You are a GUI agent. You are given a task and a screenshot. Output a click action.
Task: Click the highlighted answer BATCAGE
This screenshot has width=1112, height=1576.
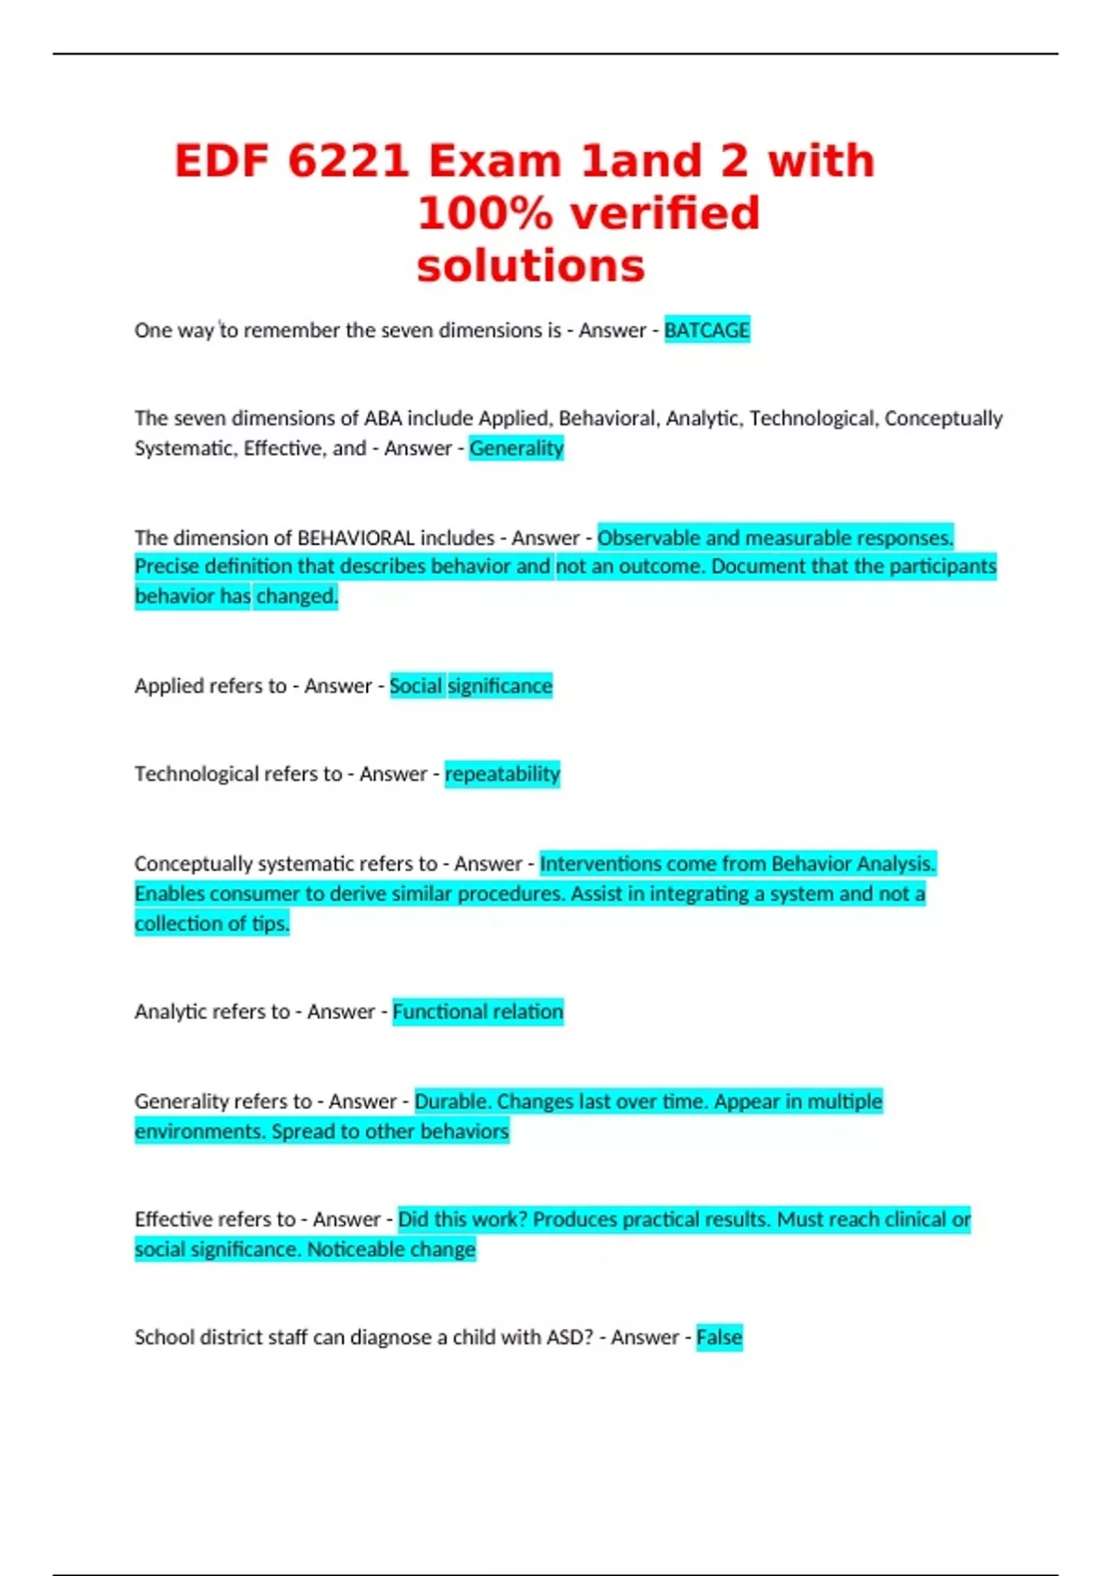tap(707, 330)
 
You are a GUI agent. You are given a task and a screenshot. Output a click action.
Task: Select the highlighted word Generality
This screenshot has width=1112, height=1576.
tap(516, 449)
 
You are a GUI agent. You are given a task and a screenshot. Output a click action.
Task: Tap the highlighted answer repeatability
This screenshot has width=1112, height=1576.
tap(502, 774)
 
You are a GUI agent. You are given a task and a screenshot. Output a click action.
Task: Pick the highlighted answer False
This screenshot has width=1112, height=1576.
tap(719, 1337)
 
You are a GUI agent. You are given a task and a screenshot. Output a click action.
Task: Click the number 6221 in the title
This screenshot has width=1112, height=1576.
tap(348, 161)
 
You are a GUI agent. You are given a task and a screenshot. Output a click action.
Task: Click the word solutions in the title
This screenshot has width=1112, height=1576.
tap(530, 266)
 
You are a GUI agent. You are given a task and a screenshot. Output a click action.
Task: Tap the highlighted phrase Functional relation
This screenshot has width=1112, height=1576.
tap(477, 1011)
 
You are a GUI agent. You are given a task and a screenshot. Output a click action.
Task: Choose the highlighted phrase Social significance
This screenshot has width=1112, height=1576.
tap(471, 686)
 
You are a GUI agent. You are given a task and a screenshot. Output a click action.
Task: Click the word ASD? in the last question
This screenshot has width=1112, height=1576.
tap(570, 1337)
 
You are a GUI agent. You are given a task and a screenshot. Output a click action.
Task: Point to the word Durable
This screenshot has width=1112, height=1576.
tap(452, 1101)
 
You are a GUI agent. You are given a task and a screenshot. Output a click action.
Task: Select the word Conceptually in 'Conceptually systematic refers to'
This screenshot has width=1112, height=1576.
tap(193, 864)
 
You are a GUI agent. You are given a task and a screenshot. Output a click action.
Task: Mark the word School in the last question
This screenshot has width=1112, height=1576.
tap(160, 1337)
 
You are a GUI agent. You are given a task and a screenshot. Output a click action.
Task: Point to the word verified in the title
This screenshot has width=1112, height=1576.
tap(665, 214)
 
